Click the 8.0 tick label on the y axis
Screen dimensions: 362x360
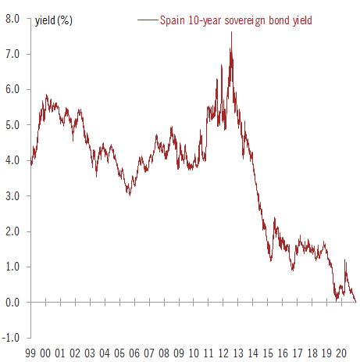pyautogui.click(x=12, y=19)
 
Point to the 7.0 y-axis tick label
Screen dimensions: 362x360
pyautogui.click(x=12, y=54)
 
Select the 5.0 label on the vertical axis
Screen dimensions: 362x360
pyautogui.click(x=12, y=125)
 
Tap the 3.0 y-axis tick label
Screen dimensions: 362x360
pyautogui.click(x=12, y=196)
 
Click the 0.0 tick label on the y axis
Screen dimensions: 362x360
pyautogui.click(x=12, y=303)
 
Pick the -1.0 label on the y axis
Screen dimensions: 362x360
pyautogui.click(x=10, y=338)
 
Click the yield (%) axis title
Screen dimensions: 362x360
pyautogui.click(x=54, y=20)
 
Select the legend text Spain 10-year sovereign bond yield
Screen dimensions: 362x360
pyautogui.click(x=236, y=20)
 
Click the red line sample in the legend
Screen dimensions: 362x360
pyautogui.click(x=146, y=20)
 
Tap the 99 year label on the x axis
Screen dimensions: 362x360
pyautogui.click(x=31, y=353)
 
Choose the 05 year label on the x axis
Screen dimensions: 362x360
pyautogui.click(x=119, y=353)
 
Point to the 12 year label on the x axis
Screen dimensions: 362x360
pyautogui.click(x=223, y=353)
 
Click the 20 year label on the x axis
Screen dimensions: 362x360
pyautogui.click(x=341, y=353)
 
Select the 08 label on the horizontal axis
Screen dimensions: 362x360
pyautogui.click(x=164, y=353)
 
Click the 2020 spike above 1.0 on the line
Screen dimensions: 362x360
pyautogui.click(x=345, y=260)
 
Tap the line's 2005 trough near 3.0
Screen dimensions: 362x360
pyautogui.click(x=130, y=195)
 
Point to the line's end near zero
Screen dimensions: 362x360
pyautogui.click(x=356, y=301)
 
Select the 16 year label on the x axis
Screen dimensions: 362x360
pyautogui.click(x=282, y=353)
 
